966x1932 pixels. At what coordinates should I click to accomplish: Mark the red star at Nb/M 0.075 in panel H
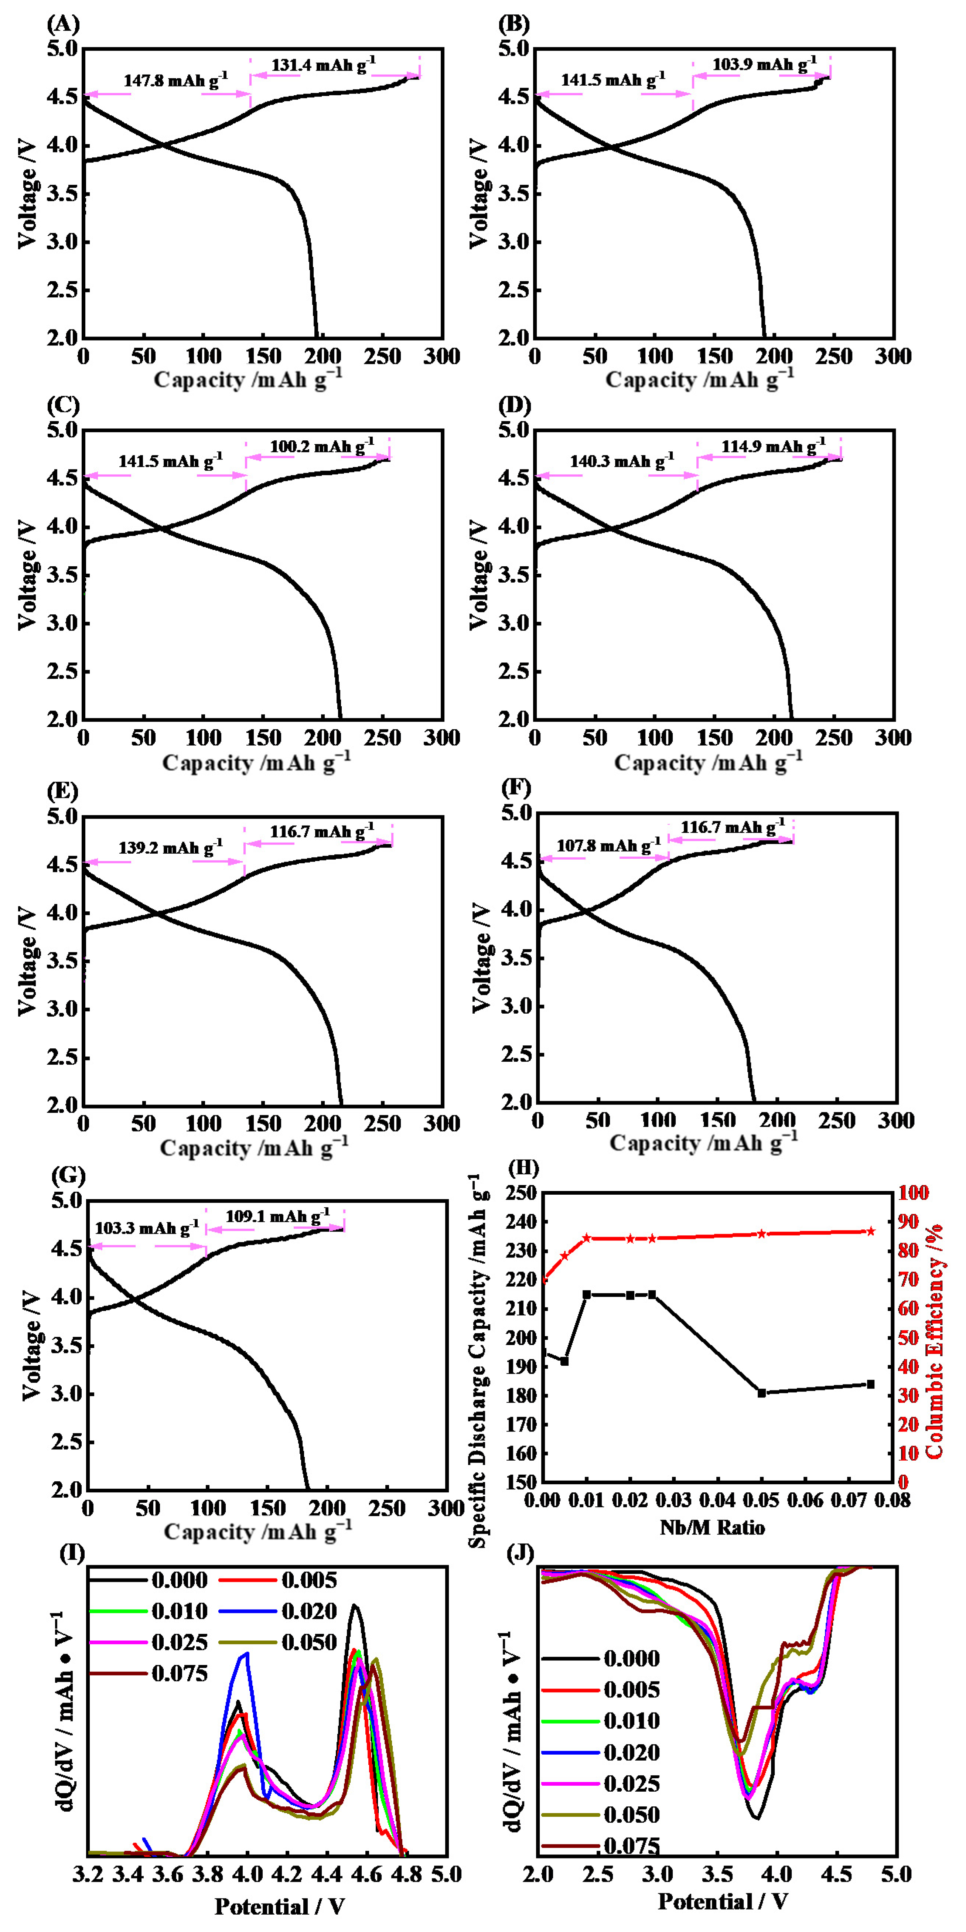pos(871,1232)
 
